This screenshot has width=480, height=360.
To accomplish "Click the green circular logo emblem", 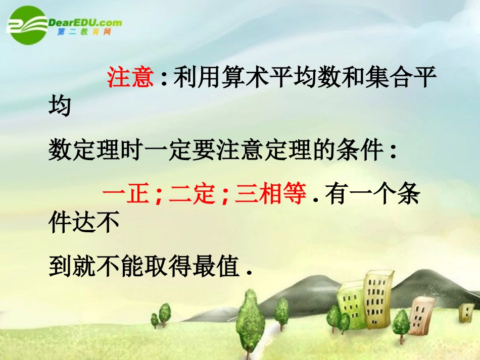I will [25, 25].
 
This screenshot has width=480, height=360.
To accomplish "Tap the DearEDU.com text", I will [85, 22].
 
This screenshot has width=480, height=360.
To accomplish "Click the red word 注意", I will [130, 78].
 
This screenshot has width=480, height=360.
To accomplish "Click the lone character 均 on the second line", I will [60, 106].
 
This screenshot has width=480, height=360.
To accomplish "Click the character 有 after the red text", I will [337, 194].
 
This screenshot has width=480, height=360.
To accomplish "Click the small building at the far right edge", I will [466, 312].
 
